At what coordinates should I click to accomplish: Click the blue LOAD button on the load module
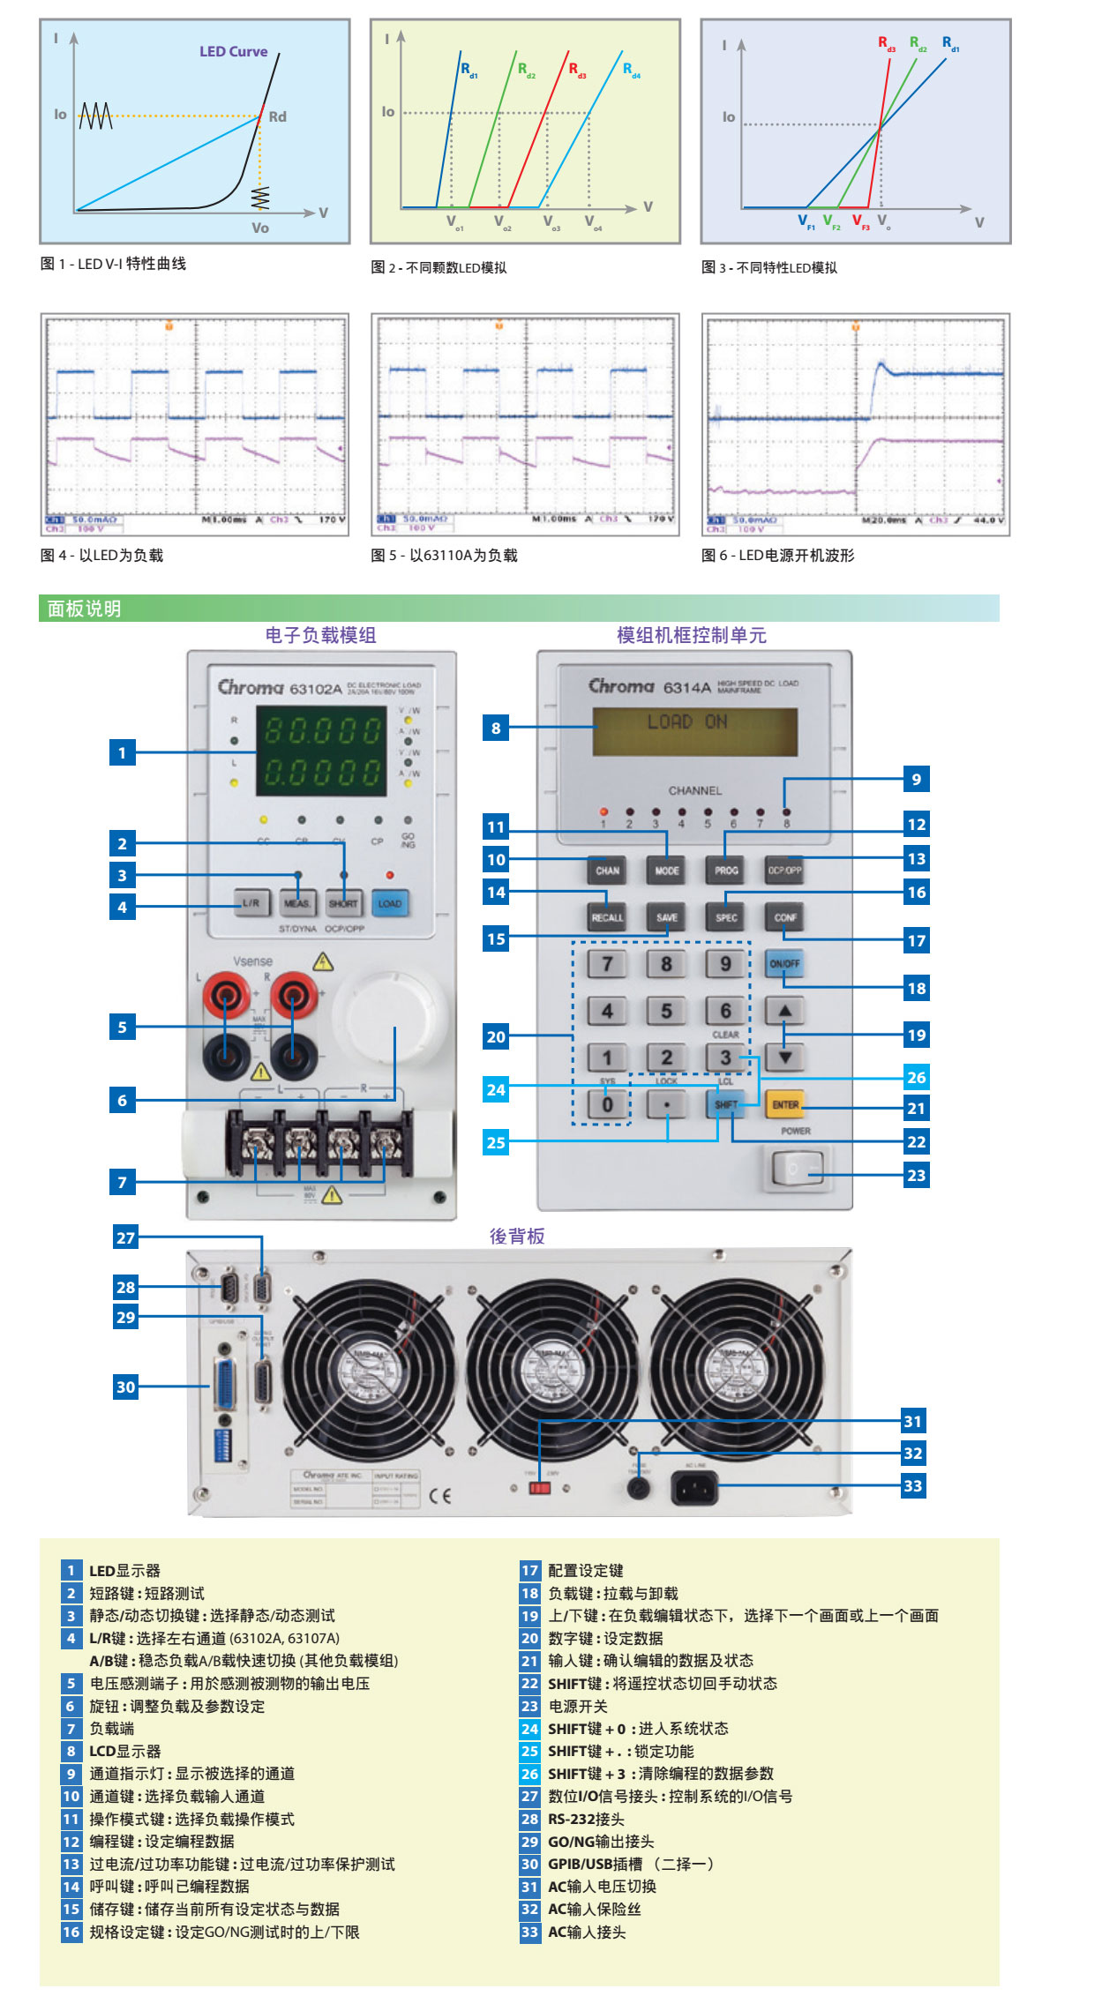tap(389, 903)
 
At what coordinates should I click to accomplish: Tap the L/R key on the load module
tap(251, 903)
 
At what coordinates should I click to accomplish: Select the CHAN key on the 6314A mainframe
tap(607, 871)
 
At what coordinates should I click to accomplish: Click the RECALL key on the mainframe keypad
tap(607, 917)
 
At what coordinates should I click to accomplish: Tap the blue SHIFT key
tap(725, 1104)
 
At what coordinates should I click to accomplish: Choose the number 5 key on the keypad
tap(666, 1011)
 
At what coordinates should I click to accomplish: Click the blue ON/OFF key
tap(784, 963)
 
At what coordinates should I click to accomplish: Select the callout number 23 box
tap(917, 1175)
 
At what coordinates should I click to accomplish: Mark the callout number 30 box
tap(126, 1387)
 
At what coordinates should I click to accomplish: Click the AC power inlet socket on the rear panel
tap(695, 1489)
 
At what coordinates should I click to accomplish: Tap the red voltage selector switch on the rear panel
tap(539, 1488)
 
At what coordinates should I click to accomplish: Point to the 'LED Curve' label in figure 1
tap(233, 52)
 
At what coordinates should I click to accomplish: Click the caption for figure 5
tap(444, 556)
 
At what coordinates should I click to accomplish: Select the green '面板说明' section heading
tap(85, 609)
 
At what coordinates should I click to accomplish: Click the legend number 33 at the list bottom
tap(529, 1932)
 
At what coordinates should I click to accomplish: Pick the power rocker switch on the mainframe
tap(797, 1169)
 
